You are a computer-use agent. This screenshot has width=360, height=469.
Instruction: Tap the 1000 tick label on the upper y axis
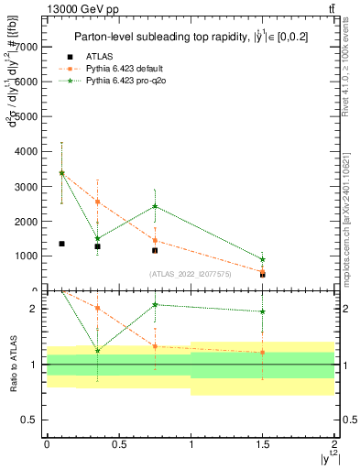tap(25, 256)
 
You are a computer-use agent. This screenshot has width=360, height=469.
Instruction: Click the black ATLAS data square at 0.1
tap(61, 244)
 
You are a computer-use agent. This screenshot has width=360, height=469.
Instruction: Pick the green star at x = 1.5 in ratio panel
tap(263, 311)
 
